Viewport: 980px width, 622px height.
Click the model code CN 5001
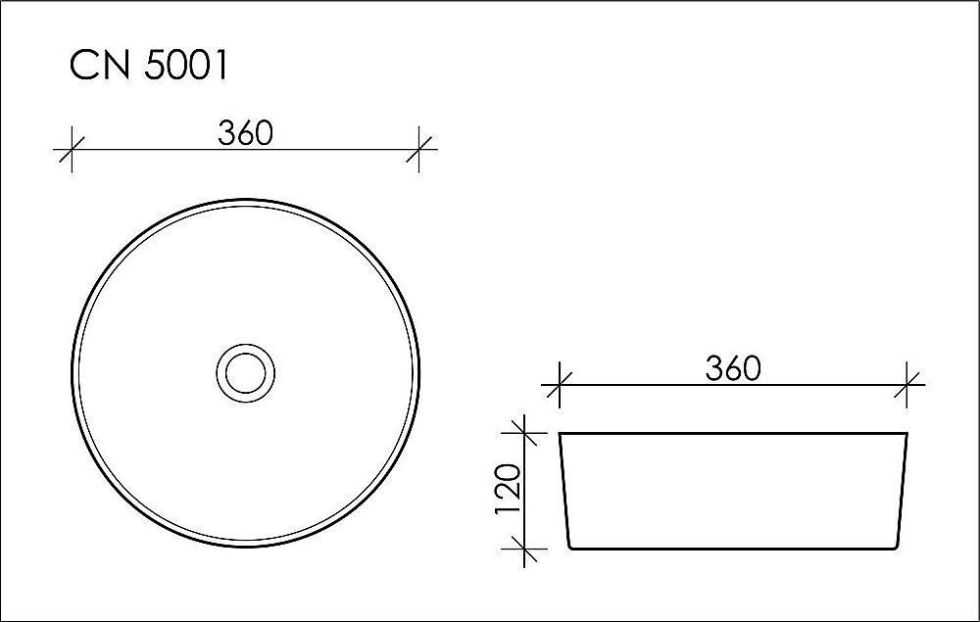pyautogui.click(x=149, y=66)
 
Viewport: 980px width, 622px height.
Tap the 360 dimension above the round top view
pyautogui.click(x=245, y=133)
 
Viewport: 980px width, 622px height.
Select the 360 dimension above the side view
pyautogui.click(x=732, y=368)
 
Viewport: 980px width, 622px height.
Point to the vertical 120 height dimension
pyautogui.click(x=508, y=490)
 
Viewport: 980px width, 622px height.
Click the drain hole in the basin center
pyautogui.click(x=245, y=372)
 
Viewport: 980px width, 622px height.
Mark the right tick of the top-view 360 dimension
pyautogui.click(x=420, y=151)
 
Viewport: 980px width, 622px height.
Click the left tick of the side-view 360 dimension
pyautogui.click(x=559, y=384)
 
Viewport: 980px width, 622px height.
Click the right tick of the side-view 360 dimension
pyautogui.click(x=908, y=384)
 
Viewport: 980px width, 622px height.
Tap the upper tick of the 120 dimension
pyautogui.click(x=526, y=432)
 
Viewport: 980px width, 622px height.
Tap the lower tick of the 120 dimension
pyautogui.click(x=526, y=550)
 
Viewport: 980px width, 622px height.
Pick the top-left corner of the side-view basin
pyautogui.click(x=560, y=433)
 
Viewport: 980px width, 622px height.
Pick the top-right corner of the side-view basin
pyautogui.click(x=907, y=433)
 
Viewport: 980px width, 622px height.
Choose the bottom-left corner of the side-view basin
pyautogui.click(x=570, y=549)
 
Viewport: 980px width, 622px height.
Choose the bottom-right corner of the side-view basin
pyautogui.click(x=897, y=549)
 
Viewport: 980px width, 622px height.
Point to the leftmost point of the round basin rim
pyautogui.click(x=71, y=373)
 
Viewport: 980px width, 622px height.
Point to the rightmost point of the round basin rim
pyautogui.click(x=420, y=373)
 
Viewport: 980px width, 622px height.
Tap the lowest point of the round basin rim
pyautogui.click(x=245, y=548)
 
